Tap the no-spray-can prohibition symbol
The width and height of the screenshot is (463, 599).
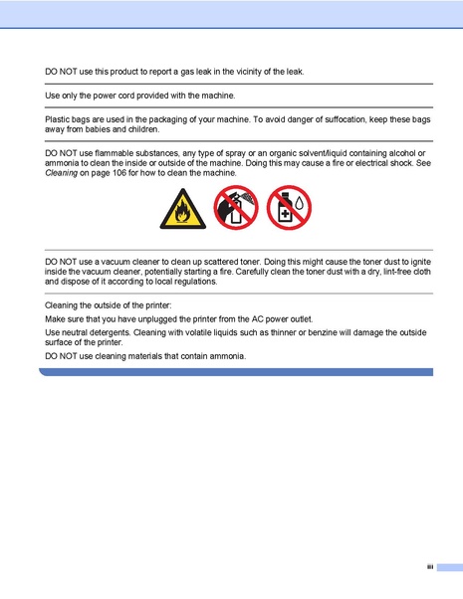tap(235, 208)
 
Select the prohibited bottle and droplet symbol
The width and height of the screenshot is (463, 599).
tap(290, 209)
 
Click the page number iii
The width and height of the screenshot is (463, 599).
tap(430, 567)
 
